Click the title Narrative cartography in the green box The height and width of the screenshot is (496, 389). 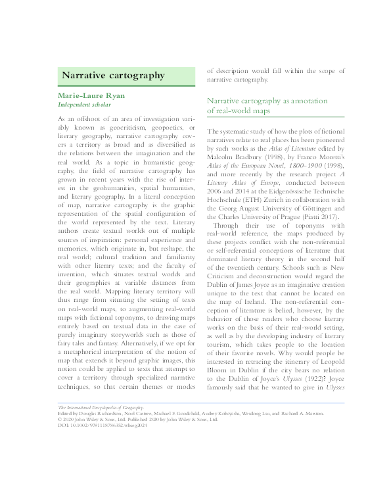113,76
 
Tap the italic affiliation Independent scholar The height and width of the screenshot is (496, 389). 84,105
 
